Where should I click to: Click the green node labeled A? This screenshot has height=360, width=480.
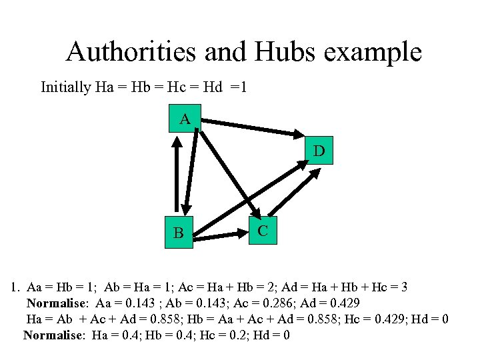pos(185,119)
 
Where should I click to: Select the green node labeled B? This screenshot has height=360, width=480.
pos(178,233)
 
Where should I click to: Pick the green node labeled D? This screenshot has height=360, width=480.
pos(319,151)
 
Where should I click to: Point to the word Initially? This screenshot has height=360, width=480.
pos(66,87)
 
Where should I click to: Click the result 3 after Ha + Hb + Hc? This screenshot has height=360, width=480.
pos(404,287)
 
